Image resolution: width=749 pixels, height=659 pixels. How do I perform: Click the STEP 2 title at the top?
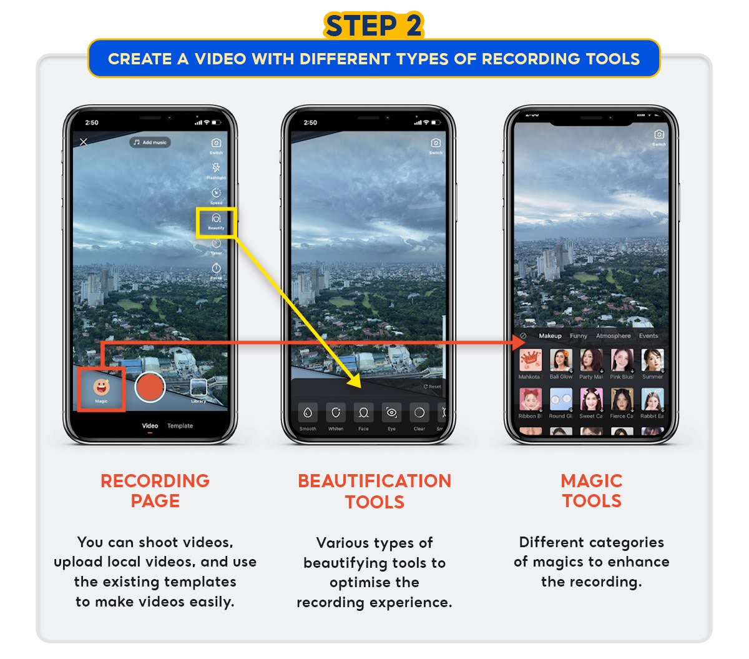click(373, 26)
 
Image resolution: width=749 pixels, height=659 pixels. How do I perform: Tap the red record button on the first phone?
click(150, 387)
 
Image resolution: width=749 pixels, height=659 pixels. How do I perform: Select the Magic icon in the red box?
click(101, 389)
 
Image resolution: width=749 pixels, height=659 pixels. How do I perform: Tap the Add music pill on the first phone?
click(150, 142)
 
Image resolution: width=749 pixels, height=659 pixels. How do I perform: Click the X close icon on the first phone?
click(84, 142)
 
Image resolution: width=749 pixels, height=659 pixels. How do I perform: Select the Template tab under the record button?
click(180, 426)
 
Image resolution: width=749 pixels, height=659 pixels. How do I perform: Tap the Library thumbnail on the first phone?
click(198, 389)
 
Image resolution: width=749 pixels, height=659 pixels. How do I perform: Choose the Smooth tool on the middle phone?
click(308, 413)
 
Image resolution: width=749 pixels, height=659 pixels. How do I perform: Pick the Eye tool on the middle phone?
click(391, 413)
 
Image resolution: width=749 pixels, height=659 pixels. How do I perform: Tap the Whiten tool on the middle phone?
click(336, 413)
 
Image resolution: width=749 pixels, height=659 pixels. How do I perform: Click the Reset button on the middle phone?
click(432, 387)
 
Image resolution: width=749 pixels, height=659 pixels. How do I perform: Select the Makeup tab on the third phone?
click(550, 336)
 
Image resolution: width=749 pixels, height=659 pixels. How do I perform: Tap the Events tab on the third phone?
click(649, 336)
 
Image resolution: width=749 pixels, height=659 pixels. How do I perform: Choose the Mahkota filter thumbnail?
click(530, 360)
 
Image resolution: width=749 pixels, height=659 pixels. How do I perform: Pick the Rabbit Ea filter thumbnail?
click(652, 400)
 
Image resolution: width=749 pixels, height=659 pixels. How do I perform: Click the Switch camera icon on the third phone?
click(658, 135)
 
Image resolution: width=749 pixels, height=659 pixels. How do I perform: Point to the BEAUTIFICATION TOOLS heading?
click(374, 491)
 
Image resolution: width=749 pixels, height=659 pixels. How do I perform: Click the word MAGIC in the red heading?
click(591, 481)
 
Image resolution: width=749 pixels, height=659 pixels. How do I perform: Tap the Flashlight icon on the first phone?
click(216, 168)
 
